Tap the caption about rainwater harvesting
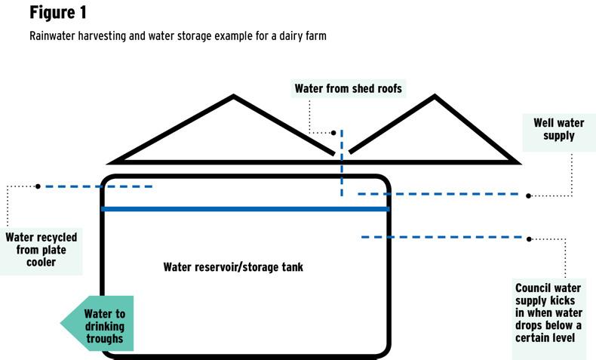pos(178,36)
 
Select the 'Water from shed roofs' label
pos(349,89)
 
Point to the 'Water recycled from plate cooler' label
pos(41,250)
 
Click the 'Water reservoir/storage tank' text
pos(233,267)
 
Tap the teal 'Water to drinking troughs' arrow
pos(99,323)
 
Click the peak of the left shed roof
pos(234,97)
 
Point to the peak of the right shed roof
pos(434,97)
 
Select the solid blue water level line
pos(245,209)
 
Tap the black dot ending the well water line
pos(529,195)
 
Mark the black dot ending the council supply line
pos(529,238)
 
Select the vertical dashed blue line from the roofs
pos(341,162)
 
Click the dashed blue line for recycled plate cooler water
pos(98,186)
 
